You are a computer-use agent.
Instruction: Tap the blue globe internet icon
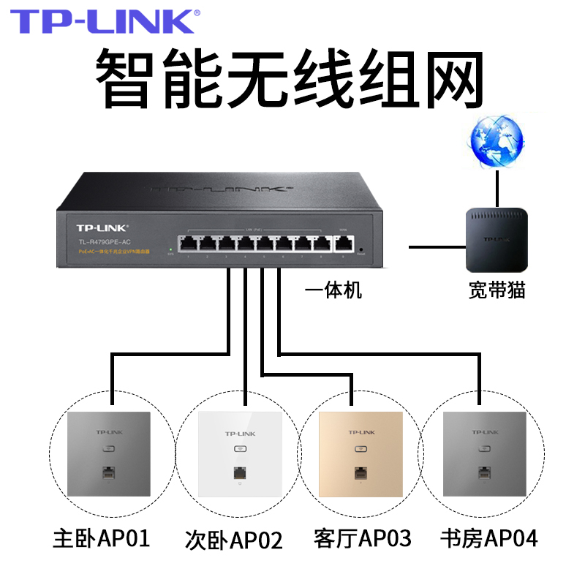click(x=497, y=139)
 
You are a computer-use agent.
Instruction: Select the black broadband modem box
click(x=497, y=241)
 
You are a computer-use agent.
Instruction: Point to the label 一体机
click(x=333, y=290)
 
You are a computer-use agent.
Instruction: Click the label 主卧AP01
click(x=102, y=539)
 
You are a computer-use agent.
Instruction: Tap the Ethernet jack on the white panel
click(x=235, y=473)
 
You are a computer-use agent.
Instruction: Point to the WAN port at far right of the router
click(x=343, y=242)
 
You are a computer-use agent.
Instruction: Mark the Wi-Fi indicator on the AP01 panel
click(x=107, y=451)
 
